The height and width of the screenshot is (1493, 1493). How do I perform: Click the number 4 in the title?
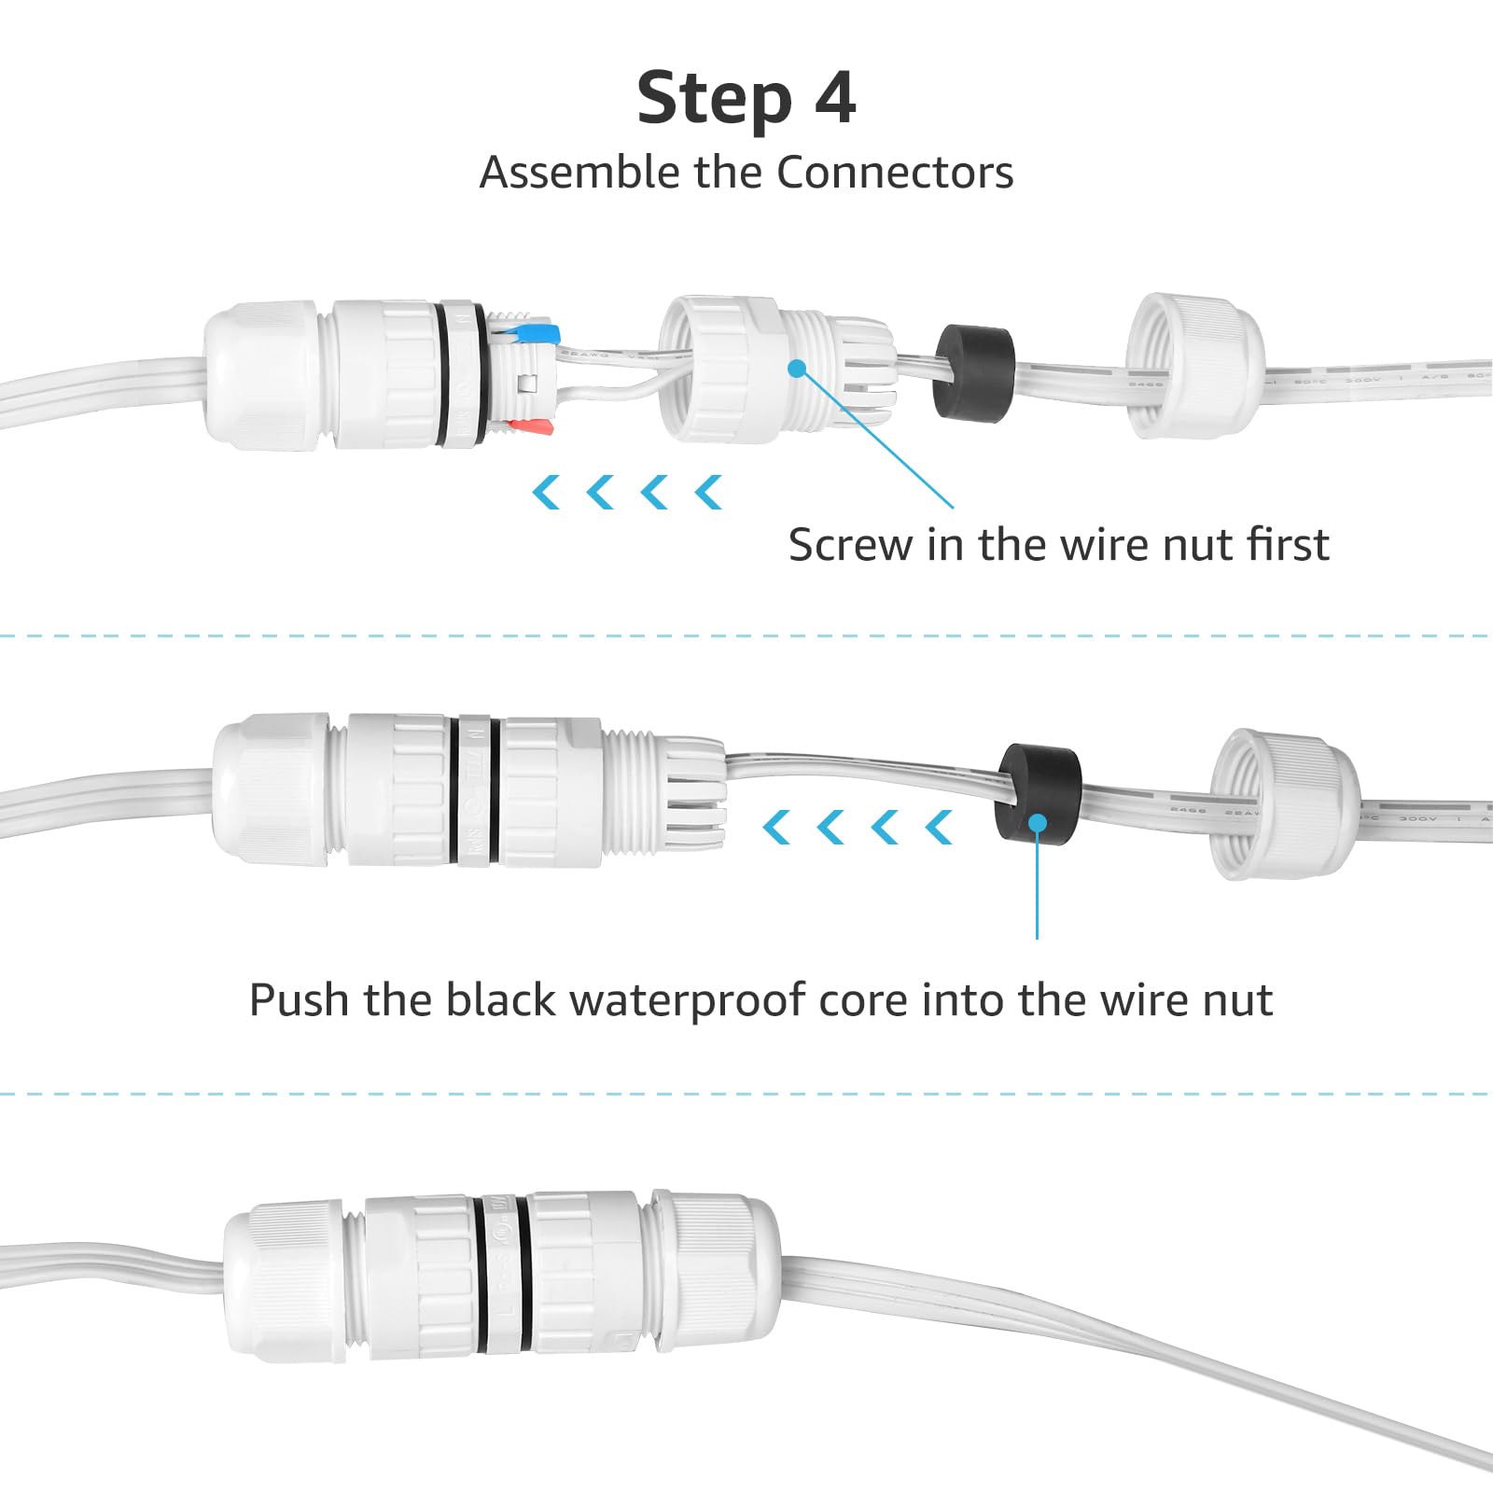pos(835,98)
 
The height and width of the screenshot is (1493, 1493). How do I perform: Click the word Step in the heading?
pos(714,100)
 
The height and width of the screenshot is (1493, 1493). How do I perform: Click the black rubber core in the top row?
pos(973,372)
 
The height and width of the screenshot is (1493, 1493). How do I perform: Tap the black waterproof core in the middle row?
pos(1039,793)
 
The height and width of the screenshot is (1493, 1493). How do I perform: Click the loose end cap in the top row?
pos(1194,366)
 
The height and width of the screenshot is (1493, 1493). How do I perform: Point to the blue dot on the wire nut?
pos(796,368)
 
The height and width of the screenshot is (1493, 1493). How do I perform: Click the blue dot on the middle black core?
pos(1037,823)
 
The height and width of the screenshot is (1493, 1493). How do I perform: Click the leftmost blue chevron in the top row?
pos(545,492)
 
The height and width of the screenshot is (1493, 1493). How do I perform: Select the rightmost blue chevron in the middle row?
pos(939,827)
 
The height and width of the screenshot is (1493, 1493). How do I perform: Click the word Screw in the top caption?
pos(849,545)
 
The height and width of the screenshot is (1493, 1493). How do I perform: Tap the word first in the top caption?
pos(1288,545)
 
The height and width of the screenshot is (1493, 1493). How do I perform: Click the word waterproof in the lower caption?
pos(688,1000)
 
